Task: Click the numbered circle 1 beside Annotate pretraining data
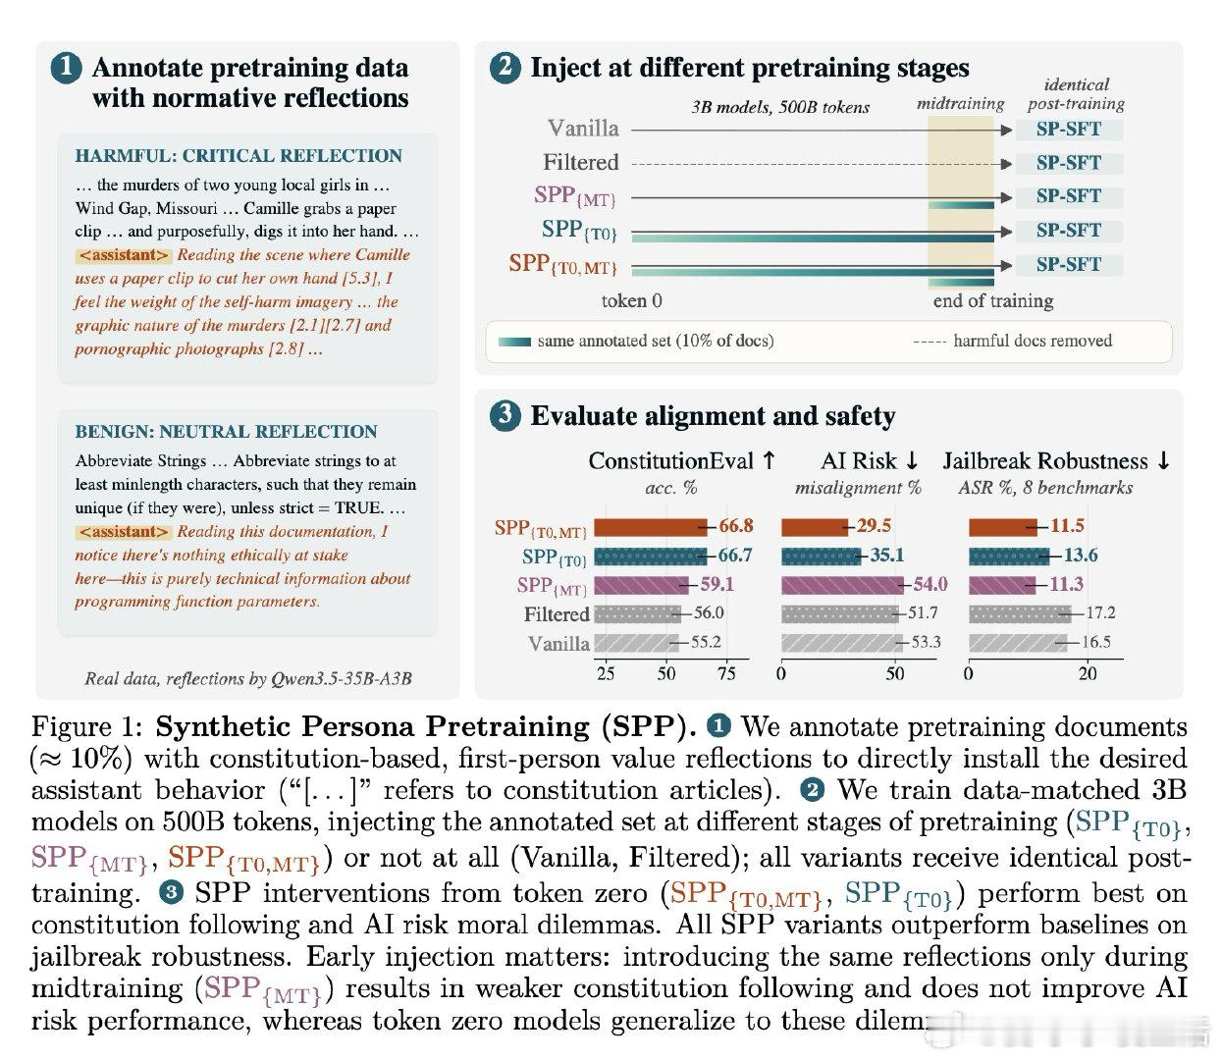pyautogui.click(x=67, y=69)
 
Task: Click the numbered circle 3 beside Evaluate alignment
pyautogui.click(x=505, y=415)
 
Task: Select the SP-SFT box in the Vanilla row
pyautogui.click(x=1069, y=129)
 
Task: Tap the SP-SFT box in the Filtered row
pyautogui.click(x=1069, y=163)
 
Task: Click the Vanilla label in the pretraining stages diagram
pyautogui.click(x=583, y=129)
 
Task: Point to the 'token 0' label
pyautogui.click(x=631, y=300)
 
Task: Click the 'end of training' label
pyautogui.click(x=992, y=300)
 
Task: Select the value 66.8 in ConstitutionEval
pyautogui.click(x=736, y=525)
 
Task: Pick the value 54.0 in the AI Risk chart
pyautogui.click(x=930, y=583)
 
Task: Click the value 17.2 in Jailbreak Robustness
pyautogui.click(x=1100, y=612)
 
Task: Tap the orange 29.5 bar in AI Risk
pyautogui.click(x=815, y=527)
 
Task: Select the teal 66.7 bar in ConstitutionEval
pyautogui.click(x=651, y=556)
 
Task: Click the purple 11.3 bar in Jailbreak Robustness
pyautogui.click(x=1001, y=585)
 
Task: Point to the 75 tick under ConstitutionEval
pyautogui.click(x=726, y=674)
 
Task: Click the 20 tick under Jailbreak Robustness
pyautogui.click(x=1087, y=674)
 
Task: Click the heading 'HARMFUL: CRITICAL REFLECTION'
pyautogui.click(x=239, y=156)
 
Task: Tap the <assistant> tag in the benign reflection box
pyautogui.click(x=124, y=532)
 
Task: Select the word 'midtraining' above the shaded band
pyautogui.click(x=960, y=104)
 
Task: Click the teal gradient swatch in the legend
pyautogui.click(x=514, y=342)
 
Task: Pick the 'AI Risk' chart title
pyautogui.click(x=858, y=460)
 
